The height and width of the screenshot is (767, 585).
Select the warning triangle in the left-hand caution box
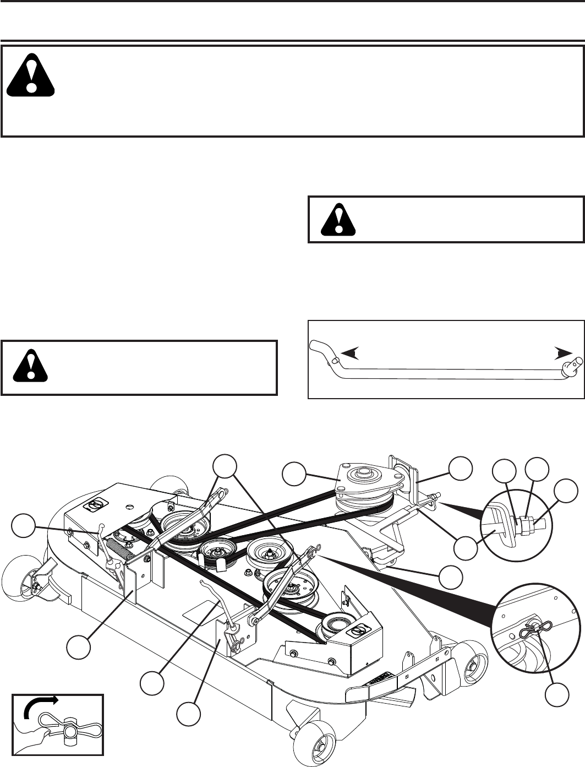tap(32, 363)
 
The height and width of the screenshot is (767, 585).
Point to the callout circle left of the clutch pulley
tap(294, 474)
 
